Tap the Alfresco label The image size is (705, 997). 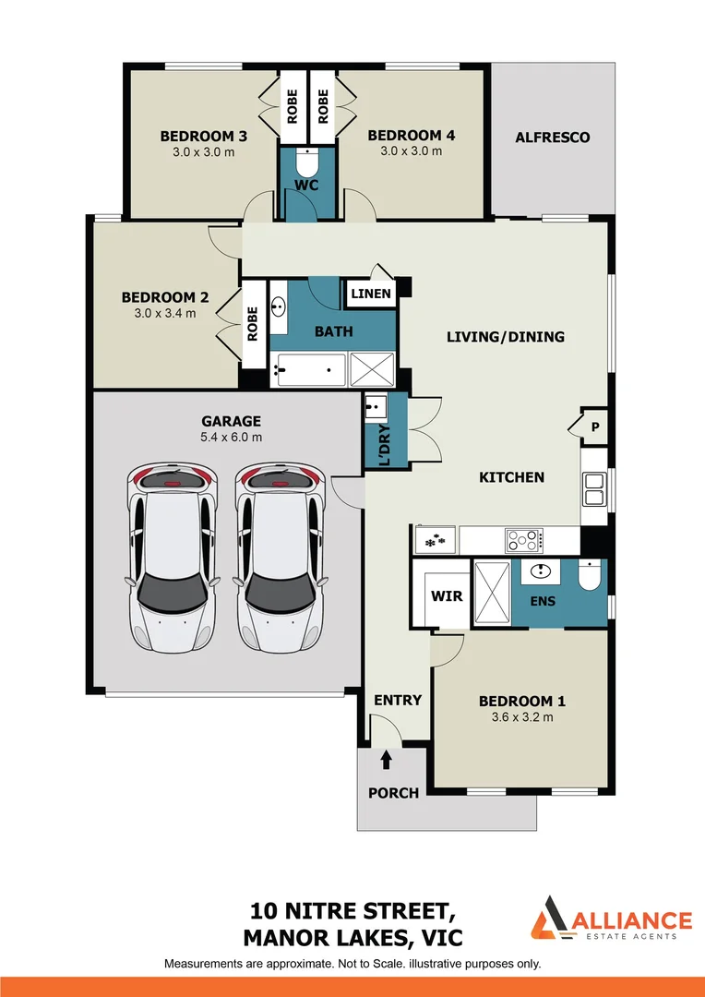pos(552,138)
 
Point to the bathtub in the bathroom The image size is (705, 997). pos(307,371)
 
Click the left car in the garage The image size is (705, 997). pos(173,557)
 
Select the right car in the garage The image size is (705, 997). pos(281,557)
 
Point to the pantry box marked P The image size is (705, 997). pos(594,427)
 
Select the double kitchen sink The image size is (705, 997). pos(593,488)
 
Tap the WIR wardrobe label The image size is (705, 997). pos(447,595)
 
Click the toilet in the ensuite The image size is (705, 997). pos(588,578)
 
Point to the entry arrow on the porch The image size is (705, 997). pos(386,760)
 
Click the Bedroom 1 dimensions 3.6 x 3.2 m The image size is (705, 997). pos(517,717)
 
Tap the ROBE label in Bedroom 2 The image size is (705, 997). pos(251,324)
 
